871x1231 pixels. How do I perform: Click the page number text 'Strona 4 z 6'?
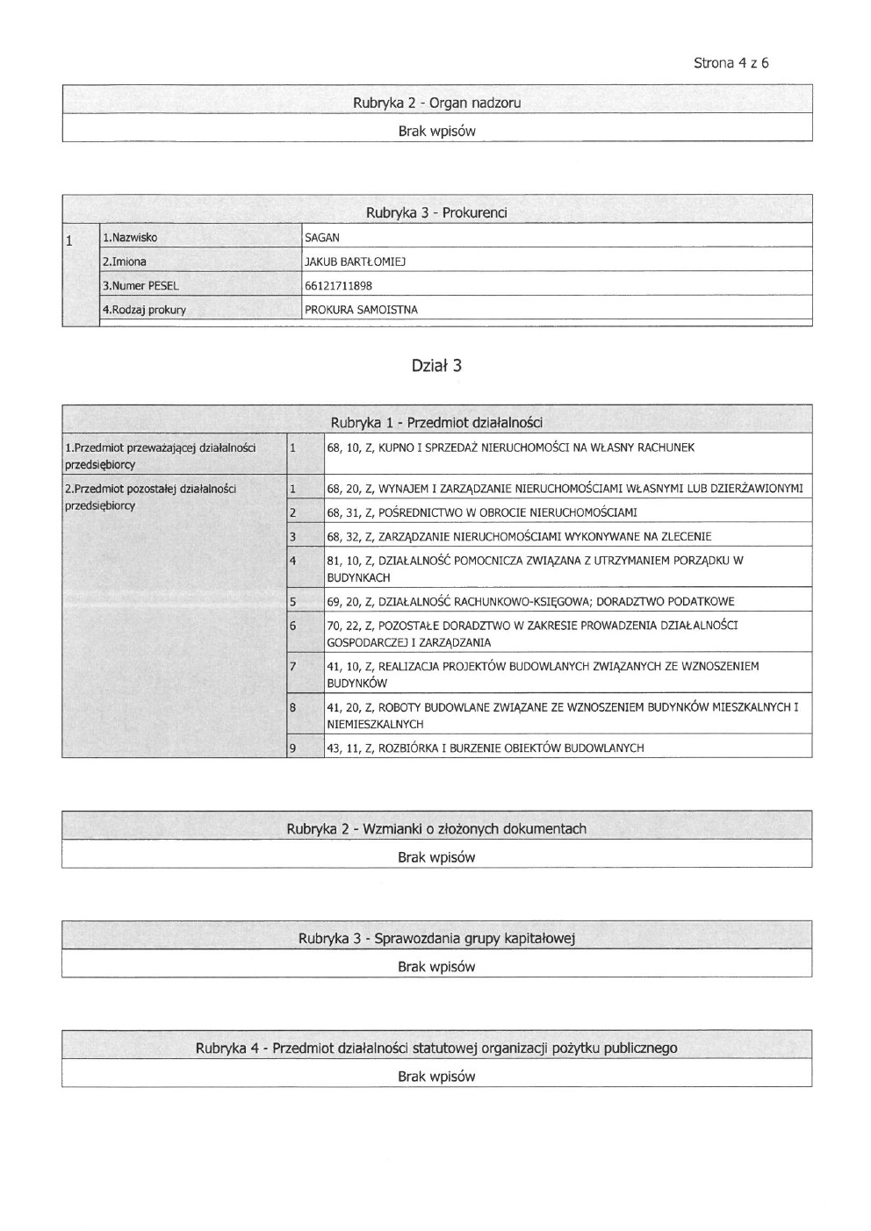[x=731, y=63]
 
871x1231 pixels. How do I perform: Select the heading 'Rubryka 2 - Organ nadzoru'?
[x=436, y=103]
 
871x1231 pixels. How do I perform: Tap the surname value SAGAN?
[x=322, y=237]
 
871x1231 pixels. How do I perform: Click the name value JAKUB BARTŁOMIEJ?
[x=355, y=261]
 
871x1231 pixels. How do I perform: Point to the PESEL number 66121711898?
[x=338, y=285]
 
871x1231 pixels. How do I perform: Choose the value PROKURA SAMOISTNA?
[x=361, y=310]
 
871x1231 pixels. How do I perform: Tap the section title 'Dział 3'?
[x=436, y=366]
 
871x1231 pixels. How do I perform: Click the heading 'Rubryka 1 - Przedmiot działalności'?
[x=436, y=423]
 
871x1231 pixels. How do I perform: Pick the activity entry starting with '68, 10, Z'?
[x=510, y=447]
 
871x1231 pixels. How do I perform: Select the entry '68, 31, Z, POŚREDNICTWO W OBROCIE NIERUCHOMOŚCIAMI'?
[x=481, y=512]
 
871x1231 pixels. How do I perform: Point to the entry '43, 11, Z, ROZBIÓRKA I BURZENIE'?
[x=485, y=748]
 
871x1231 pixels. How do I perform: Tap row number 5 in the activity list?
[x=292, y=602]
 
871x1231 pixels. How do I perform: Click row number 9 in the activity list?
[x=292, y=748]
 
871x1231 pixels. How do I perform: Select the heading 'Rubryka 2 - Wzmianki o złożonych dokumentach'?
[x=436, y=829]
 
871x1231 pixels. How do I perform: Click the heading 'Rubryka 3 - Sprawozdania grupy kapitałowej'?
[x=436, y=939]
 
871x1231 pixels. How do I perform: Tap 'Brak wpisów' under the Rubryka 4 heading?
[x=436, y=1076]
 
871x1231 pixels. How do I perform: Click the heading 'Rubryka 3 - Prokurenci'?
[x=436, y=212]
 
